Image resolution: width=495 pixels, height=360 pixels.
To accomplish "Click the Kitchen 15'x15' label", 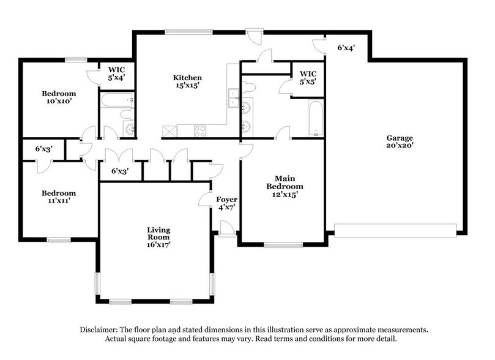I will click(188, 82).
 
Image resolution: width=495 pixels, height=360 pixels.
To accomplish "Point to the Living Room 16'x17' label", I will click(158, 237).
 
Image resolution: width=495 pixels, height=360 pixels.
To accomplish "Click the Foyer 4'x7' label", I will click(226, 204).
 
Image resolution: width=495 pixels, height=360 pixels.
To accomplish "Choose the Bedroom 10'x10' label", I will click(58, 97).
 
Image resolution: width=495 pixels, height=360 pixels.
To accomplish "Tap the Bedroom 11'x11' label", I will click(59, 197).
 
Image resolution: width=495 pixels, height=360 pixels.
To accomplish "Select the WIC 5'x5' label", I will click(308, 77).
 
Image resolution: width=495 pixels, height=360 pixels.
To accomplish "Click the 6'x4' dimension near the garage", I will click(346, 47).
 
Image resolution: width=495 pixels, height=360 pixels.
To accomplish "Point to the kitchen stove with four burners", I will click(200, 130).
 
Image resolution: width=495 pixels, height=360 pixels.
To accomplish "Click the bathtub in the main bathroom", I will click(314, 117).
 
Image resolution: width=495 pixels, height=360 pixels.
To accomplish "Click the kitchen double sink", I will click(233, 98).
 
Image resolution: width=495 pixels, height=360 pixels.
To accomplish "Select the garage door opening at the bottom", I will click(395, 230).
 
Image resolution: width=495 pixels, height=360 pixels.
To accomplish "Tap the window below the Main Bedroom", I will click(283, 245).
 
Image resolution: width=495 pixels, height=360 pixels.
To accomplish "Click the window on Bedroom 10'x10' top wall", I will click(75, 59).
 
